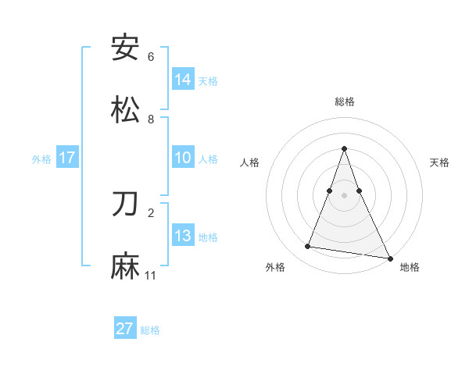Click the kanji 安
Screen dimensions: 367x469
[126, 48]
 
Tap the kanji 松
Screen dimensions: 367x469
[126, 109]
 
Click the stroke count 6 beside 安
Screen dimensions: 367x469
[151, 57]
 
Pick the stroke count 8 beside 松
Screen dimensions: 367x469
[151, 119]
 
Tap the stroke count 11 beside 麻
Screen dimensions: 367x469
[151, 276]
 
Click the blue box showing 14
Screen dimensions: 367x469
[183, 80]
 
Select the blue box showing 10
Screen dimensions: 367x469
[183, 158]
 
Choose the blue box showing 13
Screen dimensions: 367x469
[183, 236]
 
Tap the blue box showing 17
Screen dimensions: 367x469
[67, 158]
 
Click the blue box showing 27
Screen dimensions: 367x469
[125, 329]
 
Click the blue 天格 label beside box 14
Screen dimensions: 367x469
[208, 80]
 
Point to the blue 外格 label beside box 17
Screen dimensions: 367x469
[41, 159]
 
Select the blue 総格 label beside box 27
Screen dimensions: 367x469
[150, 330]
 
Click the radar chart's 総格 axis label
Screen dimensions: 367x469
[345, 102]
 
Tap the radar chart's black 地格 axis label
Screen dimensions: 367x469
[410, 267]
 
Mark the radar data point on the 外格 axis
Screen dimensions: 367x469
[308, 247]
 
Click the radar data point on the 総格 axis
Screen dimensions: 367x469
[345, 148]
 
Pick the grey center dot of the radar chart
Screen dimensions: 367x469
[345, 195]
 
